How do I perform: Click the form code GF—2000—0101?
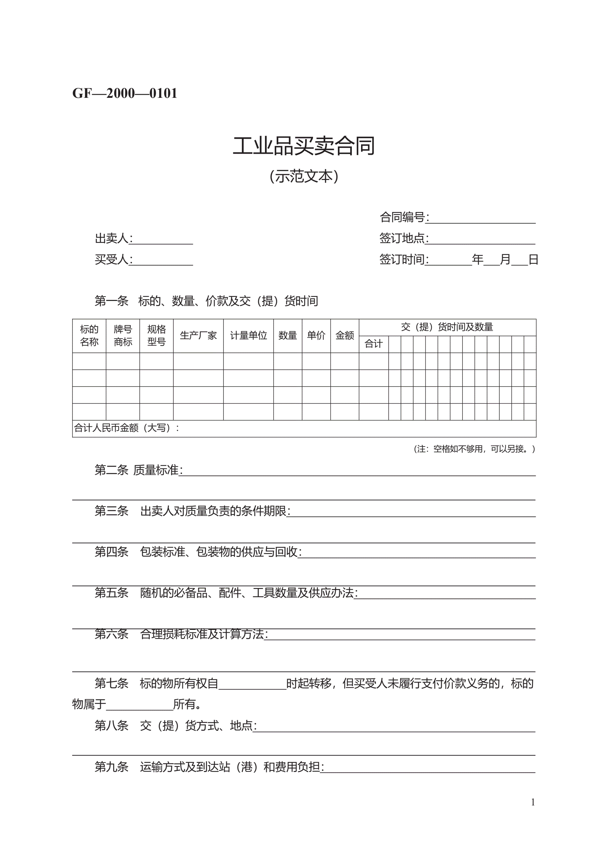point(124,93)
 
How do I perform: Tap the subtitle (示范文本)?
point(303,176)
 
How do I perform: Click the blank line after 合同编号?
point(482,220)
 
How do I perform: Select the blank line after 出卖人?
point(162,240)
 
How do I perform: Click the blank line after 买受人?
point(162,261)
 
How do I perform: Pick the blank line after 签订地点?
point(482,240)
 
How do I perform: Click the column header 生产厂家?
point(198,335)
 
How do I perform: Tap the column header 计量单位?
point(248,335)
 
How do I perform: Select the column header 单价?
point(316,335)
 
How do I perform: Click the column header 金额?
point(344,335)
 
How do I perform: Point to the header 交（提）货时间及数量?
point(447,327)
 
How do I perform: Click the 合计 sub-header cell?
point(373,344)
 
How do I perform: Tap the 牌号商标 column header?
point(123,335)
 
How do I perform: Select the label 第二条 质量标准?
point(138,470)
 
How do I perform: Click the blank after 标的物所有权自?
point(252,684)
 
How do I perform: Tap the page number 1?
point(533,802)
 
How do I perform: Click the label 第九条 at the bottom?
point(111,767)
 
